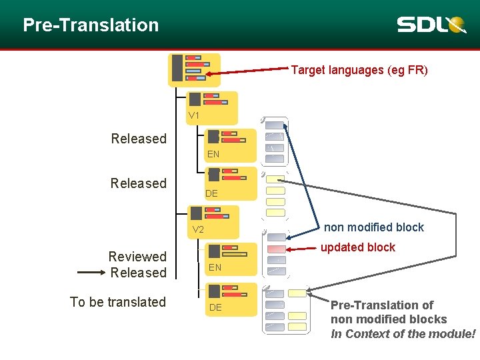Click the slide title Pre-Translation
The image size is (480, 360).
pyautogui.click(x=91, y=25)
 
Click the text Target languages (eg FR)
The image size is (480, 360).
pyautogui.click(x=359, y=70)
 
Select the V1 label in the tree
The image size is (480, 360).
pyautogui.click(x=194, y=115)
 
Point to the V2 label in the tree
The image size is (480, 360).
pyautogui.click(x=198, y=230)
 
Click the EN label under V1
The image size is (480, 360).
pyautogui.click(x=213, y=154)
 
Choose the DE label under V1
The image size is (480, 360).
pyautogui.click(x=211, y=193)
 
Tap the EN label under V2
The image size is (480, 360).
pyautogui.click(x=215, y=267)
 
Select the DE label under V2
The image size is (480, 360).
pyautogui.click(x=215, y=307)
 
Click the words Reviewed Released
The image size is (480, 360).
pyautogui.click(x=137, y=265)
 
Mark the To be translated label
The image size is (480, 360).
pyautogui.click(x=118, y=302)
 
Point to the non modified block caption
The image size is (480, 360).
pyautogui.click(x=373, y=227)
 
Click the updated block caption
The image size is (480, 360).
pyautogui.click(x=357, y=247)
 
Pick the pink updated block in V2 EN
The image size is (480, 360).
pyautogui.click(x=276, y=249)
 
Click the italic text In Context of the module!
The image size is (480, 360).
pyautogui.click(x=403, y=334)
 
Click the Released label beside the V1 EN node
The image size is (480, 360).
pyautogui.click(x=139, y=139)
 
